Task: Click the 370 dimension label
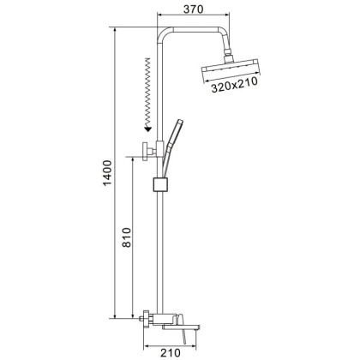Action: pos(194,9)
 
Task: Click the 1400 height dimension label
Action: pos(108,173)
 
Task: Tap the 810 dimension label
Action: pos(126,237)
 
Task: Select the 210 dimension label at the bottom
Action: pos(171,353)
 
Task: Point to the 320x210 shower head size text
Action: pos(234,85)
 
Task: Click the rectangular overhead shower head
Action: pos(231,69)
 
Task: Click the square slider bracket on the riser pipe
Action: pos(161,184)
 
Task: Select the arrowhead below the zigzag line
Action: pos(147,129)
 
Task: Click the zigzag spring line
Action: pos(147,92)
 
